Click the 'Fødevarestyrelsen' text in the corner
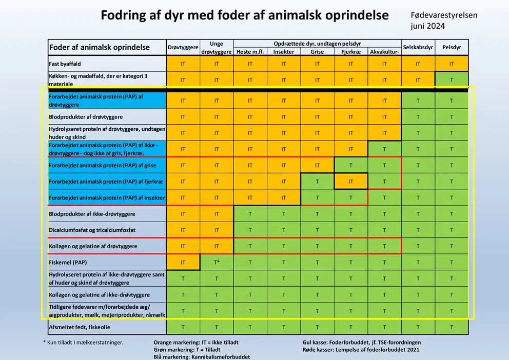pyautogui.click(x=444, y=15)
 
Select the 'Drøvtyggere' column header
pyautogui.click(x=183, y=47)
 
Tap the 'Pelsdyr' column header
pyautogui.click(x=452, y=47)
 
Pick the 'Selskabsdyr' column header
pyautogui.click(x=418, y=47)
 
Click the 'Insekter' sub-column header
pyautogui.click(x=284, y=51)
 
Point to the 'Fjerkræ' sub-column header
pyautogui.click(x=351, y=51)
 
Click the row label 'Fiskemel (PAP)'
pyautogui.click(x=68, y=263)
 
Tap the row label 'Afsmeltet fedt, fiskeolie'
pyautogui.click(x=80, y=327)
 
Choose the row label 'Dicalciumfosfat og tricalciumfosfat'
pyautogui.click(x=92, y=230)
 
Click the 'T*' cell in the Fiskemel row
pyautogui.click(x=217, y=263)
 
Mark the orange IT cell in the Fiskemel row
pyautogui.click(x=183, y=263)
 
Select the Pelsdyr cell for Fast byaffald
pyautogui.click(x=452, y=64)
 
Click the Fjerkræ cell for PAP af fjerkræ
pyautogui.click(x=351, y=182)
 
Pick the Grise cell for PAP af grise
pyautogui.click(x=317, y=165)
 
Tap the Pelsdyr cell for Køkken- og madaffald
pyautogui.click(x=452, y=80)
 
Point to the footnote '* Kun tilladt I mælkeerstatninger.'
pyautogui.click(x=83, y=342)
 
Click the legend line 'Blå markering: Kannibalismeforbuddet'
pyautogui.click(x=202, y=356)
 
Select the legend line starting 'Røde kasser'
pyautogui.click(x=361, y=350)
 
